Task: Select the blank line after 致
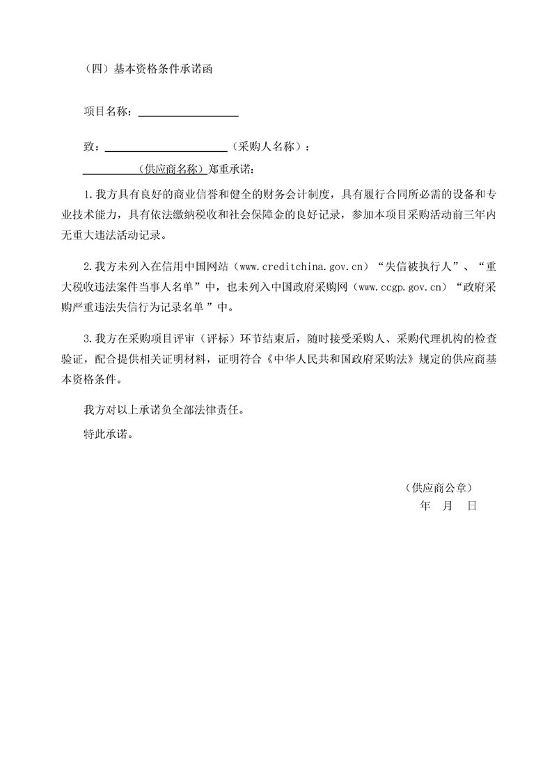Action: point(165,148)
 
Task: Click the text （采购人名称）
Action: point(267,147)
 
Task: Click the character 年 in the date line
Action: point(426,507)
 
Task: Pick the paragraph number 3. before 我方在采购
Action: point(88,339)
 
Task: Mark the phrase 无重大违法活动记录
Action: point(124,235)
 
